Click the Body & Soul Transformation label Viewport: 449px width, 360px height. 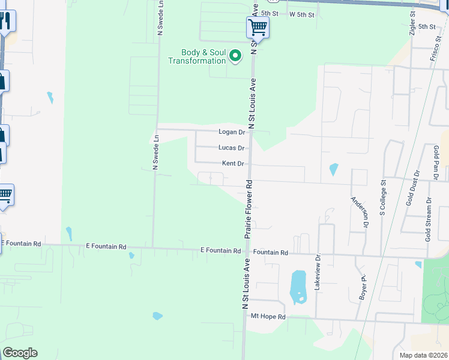(197, 56)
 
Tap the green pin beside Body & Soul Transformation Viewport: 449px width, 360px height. (236, 57)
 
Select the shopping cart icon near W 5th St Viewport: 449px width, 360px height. (258, 26)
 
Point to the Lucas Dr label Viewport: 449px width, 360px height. (231, 148)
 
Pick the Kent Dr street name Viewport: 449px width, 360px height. (232, 163)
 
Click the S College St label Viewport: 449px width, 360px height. (382, 197)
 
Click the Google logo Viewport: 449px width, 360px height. (20, 353)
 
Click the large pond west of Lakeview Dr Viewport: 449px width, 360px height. (298, 286)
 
